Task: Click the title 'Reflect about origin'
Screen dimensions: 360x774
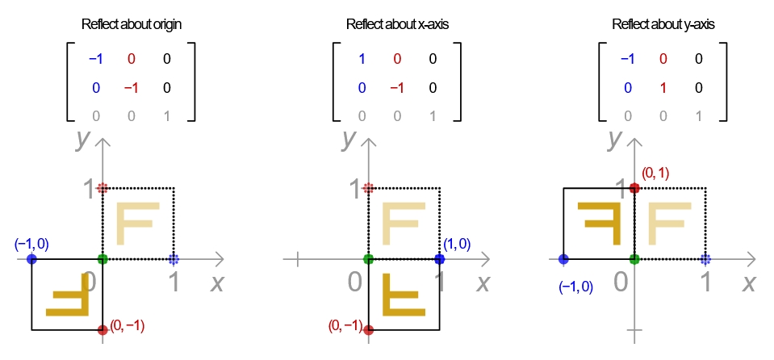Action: coord(132,24)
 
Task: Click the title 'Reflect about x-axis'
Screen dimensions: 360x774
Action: coord(397,24)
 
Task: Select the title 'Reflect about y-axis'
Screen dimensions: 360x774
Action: coord(663,24)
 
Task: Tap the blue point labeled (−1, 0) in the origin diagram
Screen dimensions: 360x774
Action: coord(31,259)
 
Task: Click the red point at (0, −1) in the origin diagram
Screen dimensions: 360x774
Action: coord(103,329)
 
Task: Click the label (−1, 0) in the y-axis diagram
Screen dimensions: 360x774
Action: coord(575,286)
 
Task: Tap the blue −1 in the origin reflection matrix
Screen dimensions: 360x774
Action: coord(95,59)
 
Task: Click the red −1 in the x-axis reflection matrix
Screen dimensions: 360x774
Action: coord(396,88)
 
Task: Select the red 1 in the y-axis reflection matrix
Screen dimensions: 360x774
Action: coord(663,88)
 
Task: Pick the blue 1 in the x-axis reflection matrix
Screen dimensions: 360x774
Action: coord(362,59)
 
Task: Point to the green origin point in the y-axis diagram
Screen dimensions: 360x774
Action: coord(634,259)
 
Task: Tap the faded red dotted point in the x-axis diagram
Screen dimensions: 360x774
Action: coord(369,188)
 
